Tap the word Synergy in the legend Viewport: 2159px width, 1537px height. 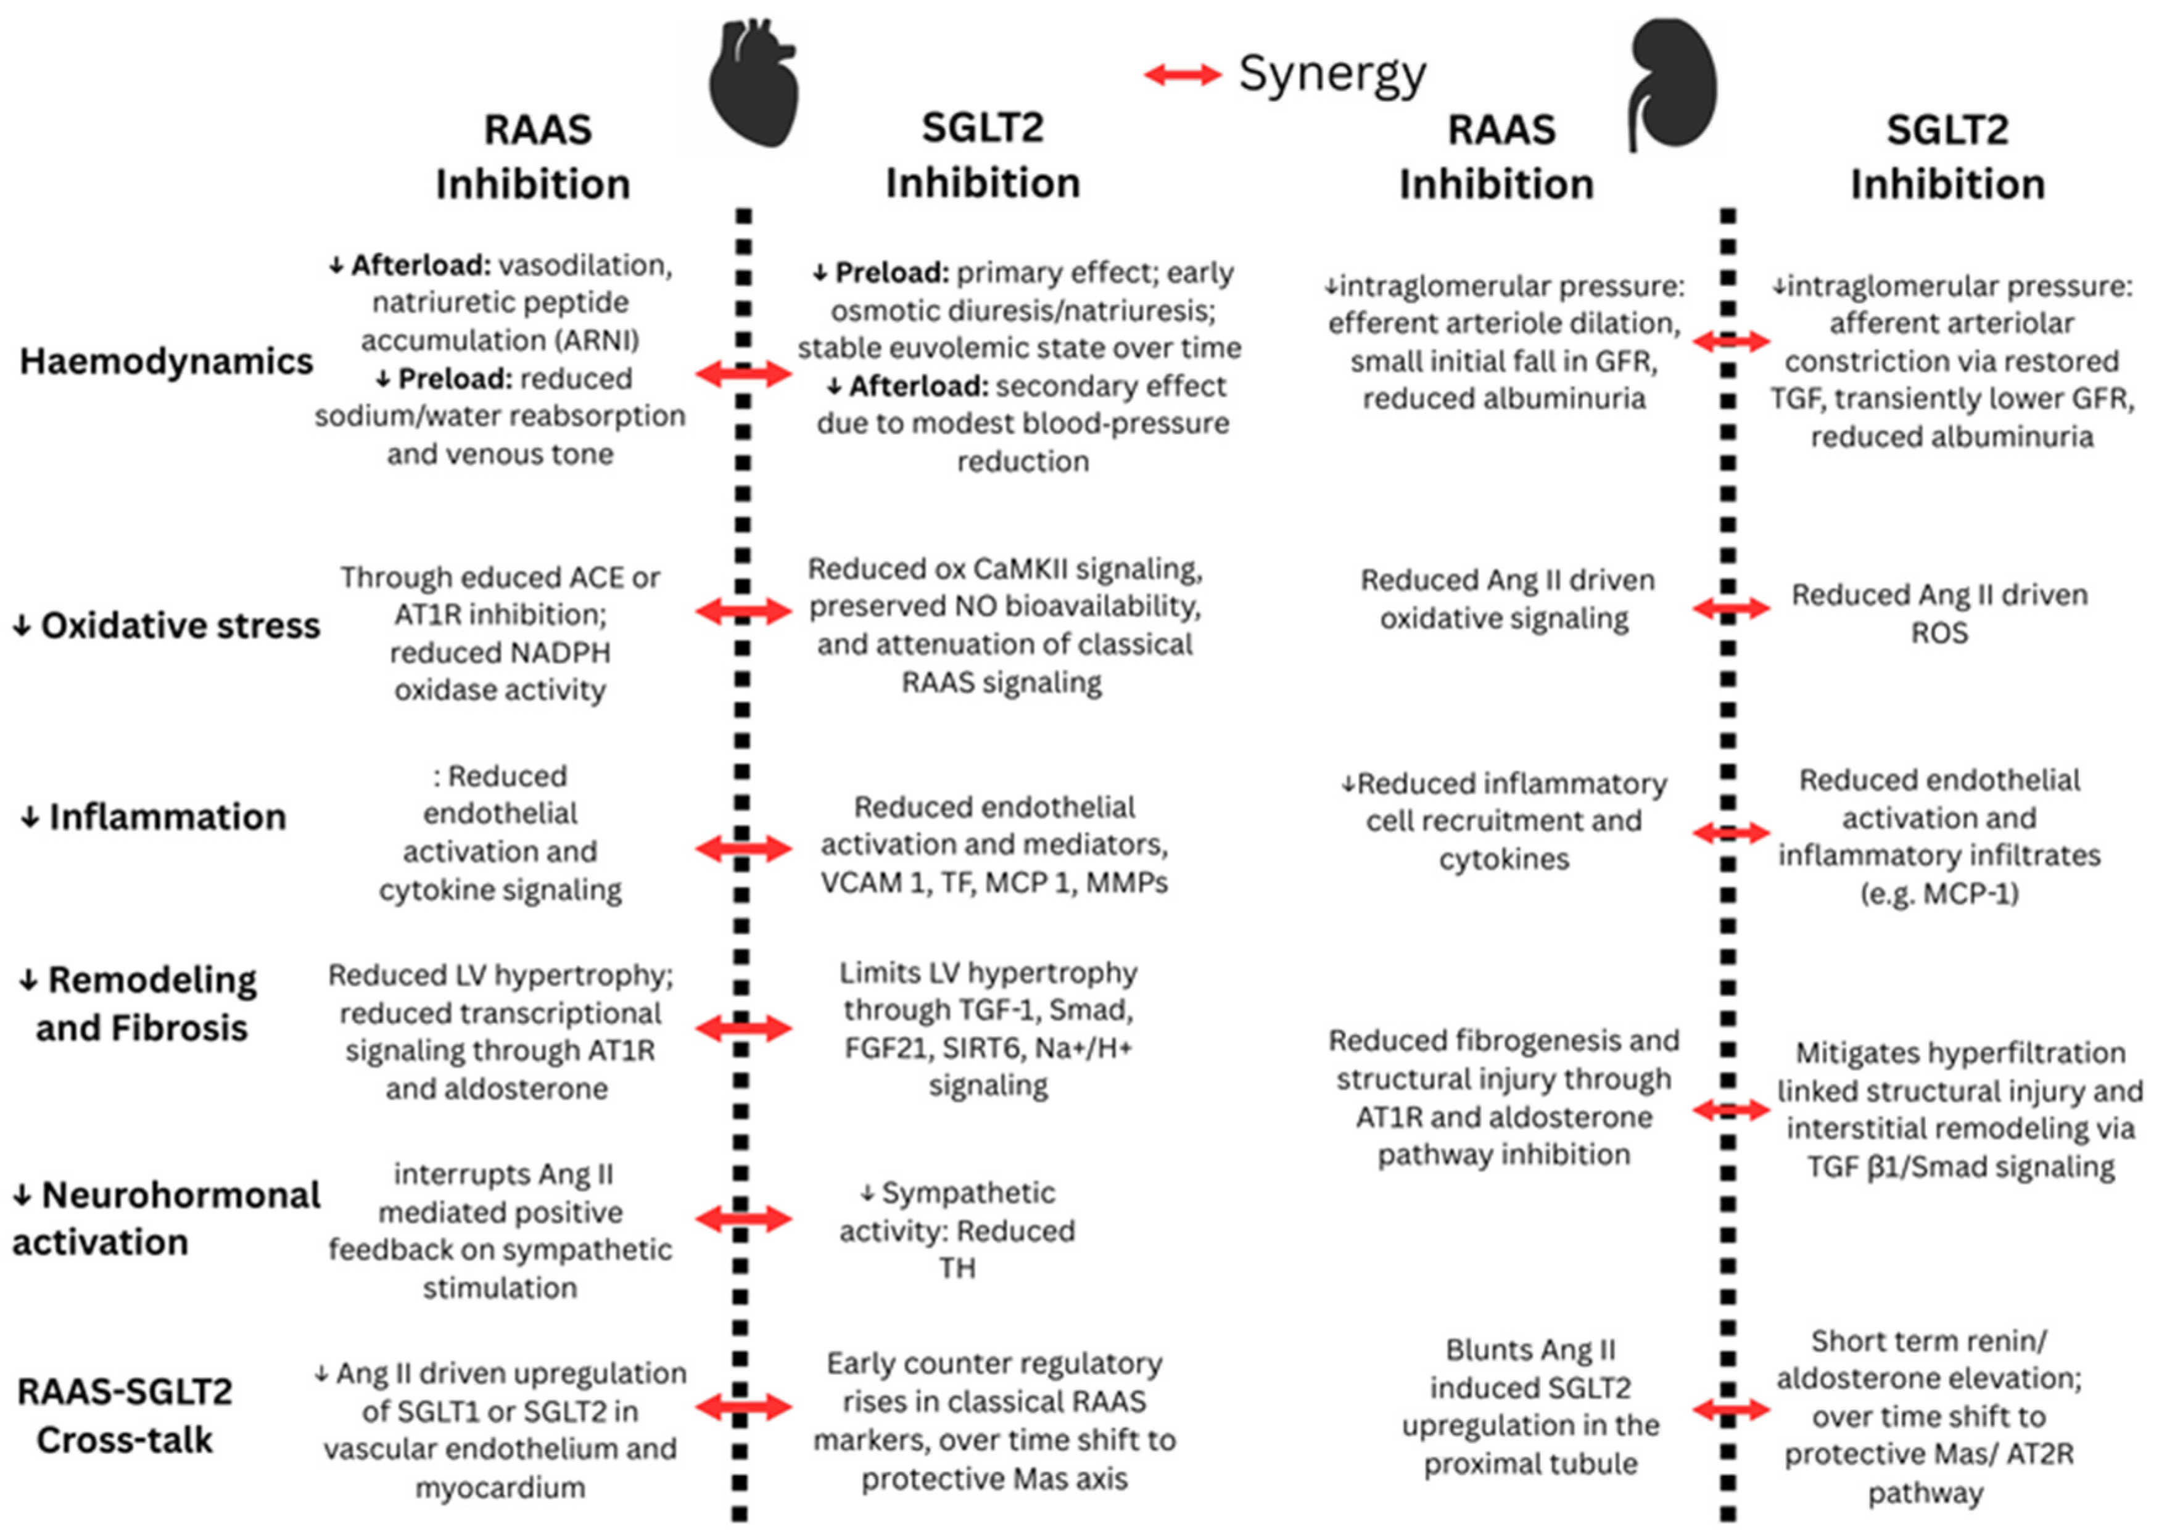coord(1332,75)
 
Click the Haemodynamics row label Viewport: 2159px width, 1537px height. coord(167,361)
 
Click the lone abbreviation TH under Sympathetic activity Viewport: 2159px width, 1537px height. coord(956,1268)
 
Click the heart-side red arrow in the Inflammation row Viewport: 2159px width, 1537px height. coord(743,848)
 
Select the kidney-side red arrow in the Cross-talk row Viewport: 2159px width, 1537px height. coord(1730,1410)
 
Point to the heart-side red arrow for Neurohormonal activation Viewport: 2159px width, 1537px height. coord(743,1219)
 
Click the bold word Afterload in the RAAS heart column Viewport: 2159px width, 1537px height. coord(420,266)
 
